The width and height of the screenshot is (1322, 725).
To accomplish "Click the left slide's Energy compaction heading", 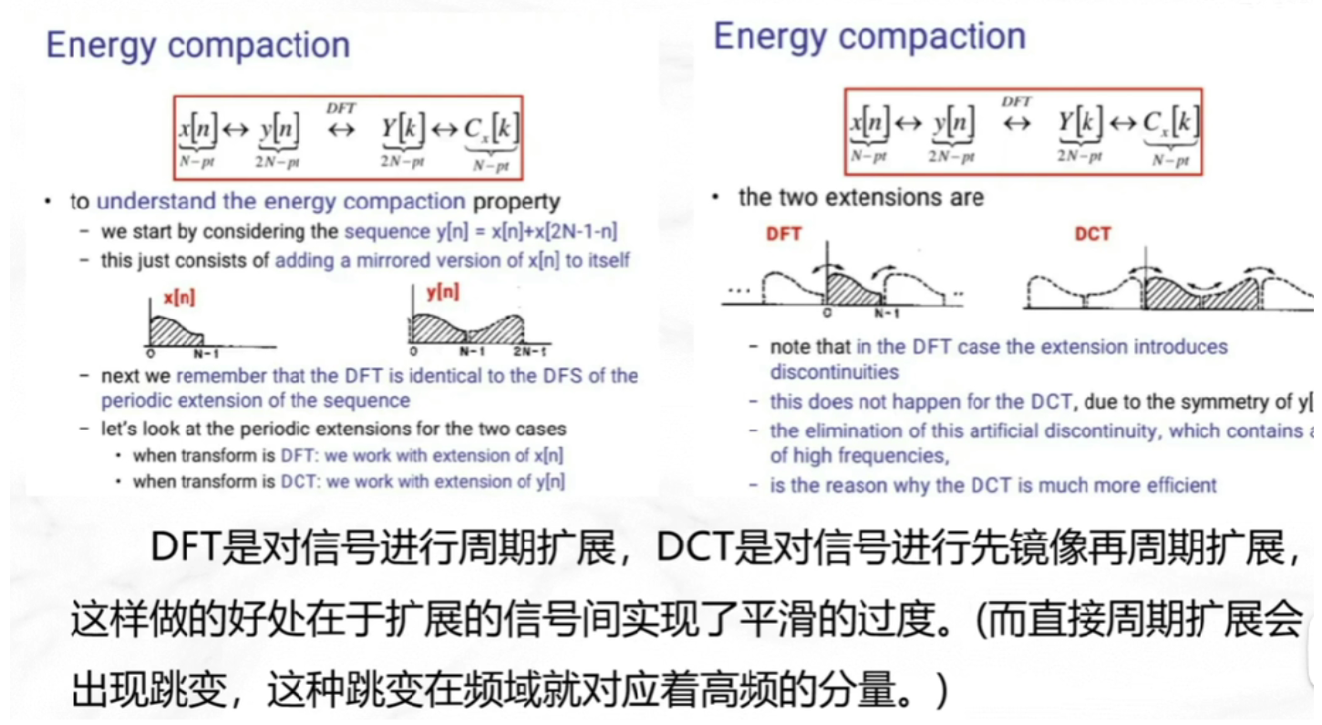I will pos(198,46).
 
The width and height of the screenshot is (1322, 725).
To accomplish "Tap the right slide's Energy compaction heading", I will pos(869,37).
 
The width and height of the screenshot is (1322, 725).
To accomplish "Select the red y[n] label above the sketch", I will pos(442,292).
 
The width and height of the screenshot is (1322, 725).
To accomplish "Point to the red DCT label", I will pos(1092,234).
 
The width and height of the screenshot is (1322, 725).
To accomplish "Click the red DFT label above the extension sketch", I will pos(783,234).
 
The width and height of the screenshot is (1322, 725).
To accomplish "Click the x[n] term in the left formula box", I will pos(197,130).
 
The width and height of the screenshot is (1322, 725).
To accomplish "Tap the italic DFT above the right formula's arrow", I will pos(1016,101).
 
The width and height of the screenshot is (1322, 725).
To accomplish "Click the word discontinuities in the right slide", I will pos(834,372).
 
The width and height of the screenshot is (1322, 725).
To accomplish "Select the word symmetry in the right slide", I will pos(1232,403).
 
